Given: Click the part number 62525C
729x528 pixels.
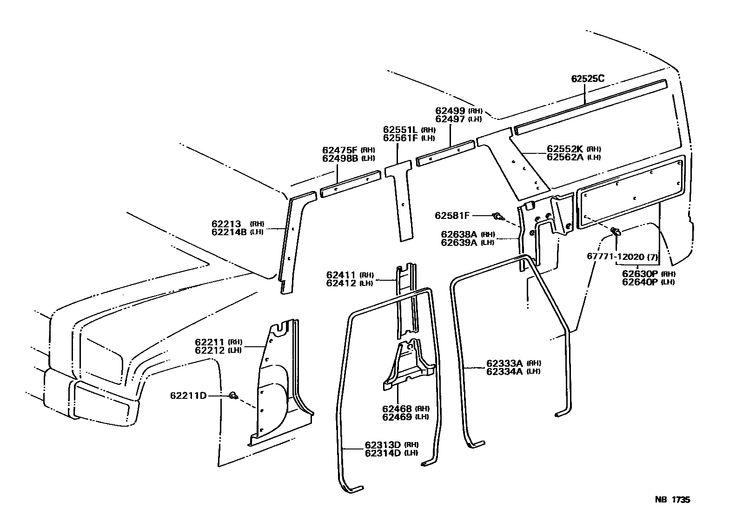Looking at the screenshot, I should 588,79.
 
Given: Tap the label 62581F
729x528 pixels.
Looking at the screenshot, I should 452,216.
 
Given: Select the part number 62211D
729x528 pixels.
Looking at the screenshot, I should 188,396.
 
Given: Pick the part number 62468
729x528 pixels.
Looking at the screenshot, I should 397,409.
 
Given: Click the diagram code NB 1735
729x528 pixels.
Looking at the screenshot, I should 672,500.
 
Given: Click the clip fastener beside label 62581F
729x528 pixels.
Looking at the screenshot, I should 498,216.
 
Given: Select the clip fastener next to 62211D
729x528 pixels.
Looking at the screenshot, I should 233,396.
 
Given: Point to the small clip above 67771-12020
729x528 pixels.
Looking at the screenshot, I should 615,231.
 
